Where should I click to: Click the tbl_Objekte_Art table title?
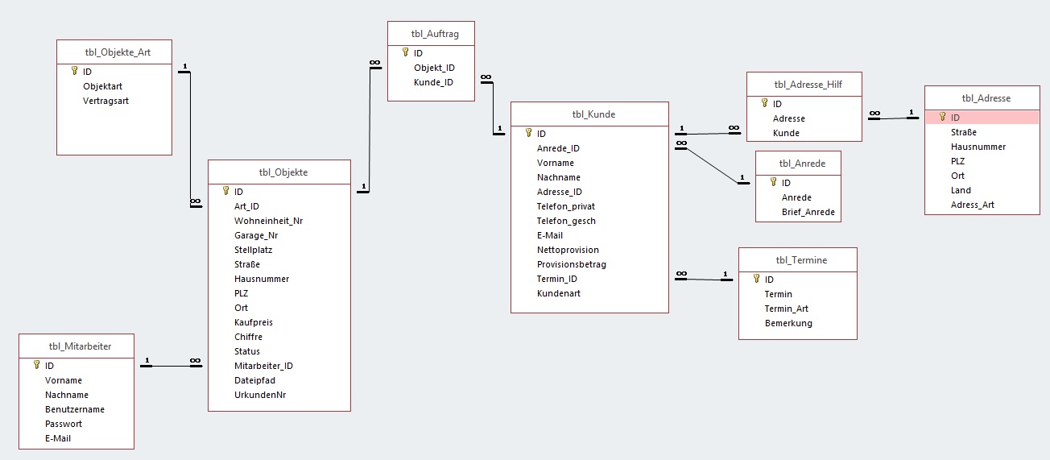118,52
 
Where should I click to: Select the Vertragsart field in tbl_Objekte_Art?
105,101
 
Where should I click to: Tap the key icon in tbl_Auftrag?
406,52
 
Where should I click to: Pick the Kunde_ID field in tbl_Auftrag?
433,82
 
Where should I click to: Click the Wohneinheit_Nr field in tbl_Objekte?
269,221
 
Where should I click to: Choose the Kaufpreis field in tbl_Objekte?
254,322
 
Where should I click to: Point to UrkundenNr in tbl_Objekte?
260,395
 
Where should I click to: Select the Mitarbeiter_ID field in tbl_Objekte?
263,366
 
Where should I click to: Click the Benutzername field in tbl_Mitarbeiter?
75,409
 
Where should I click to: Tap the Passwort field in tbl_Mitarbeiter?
64,424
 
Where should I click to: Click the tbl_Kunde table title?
593,114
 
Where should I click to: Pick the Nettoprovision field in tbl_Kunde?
568,250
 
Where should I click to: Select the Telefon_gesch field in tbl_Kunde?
566,221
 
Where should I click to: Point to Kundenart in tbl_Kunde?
558,293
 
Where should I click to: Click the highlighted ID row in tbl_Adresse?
982,118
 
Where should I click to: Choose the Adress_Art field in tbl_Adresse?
972,205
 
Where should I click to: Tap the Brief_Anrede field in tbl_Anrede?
808,212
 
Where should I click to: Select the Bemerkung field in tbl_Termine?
788,323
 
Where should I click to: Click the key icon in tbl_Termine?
756,279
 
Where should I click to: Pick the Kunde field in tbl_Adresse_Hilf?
786,133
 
